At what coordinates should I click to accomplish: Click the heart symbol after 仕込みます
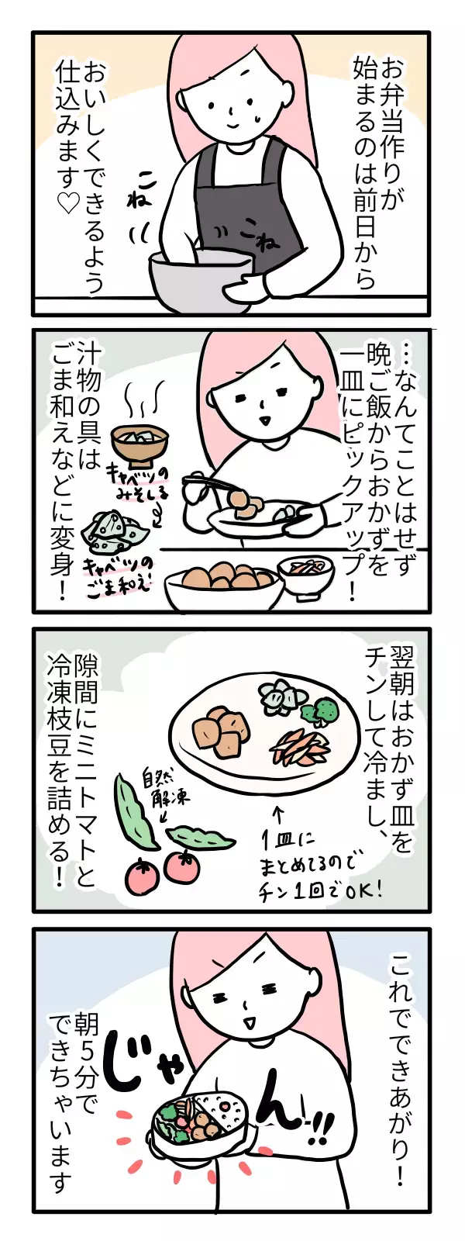pos(68,204)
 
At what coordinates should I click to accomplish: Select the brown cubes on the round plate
pos(220,728)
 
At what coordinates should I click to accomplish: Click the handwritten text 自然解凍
pos(166,786)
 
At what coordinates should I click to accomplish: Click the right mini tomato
pos(183,865)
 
